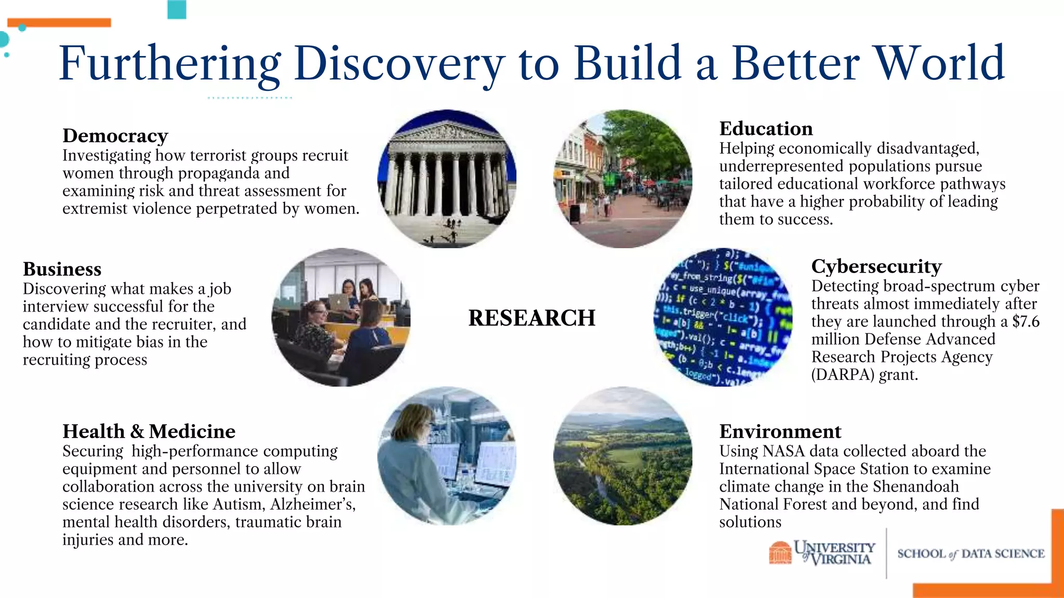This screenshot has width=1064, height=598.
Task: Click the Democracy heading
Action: tap(115, 136)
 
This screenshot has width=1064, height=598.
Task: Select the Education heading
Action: tap(766, 129)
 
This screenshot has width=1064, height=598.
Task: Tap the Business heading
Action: tap(62, 269)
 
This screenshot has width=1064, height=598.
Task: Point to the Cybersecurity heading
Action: tap(876, 267)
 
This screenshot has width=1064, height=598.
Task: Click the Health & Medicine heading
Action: tap(149, 431)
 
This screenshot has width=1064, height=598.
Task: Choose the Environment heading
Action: tap(780, 431)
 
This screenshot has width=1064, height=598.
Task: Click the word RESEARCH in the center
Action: tap(531, 318)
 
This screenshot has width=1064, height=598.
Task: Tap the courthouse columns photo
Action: tap(447, 179)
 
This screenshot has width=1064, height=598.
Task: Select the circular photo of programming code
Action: tap(723, 317)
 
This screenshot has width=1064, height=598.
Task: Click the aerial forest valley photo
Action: tap(622, 456)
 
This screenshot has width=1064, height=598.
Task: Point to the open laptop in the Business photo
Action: tap(339, 303)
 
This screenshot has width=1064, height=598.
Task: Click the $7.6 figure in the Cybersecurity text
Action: tap(1026, 322)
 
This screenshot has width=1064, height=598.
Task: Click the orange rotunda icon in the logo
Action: tap(779, 552)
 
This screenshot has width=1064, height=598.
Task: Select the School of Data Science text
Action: tap(970, 554)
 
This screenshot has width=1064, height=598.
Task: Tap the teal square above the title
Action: tap(177, 9)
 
